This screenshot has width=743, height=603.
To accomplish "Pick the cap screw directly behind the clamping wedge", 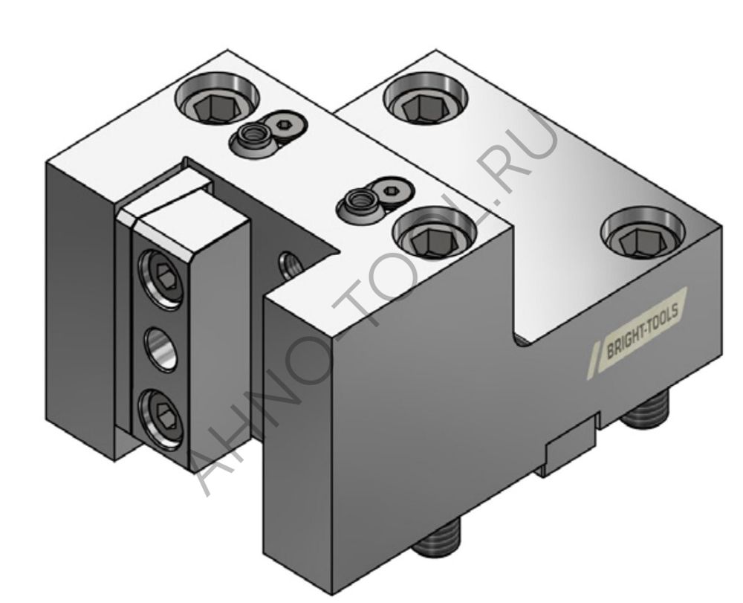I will pyautogui.click(x=217, y=103).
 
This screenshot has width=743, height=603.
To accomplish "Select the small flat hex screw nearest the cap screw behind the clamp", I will pyautogui.click(x=283, y=123).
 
